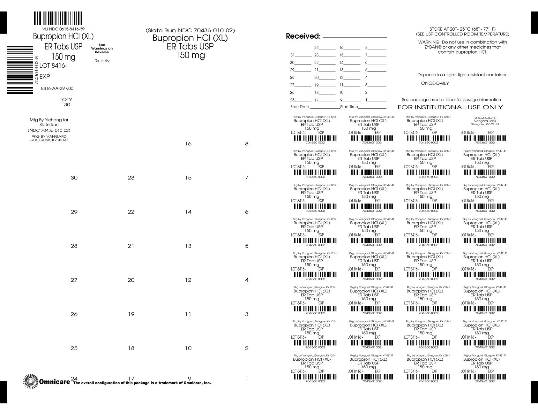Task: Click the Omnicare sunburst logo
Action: tap(31, 381)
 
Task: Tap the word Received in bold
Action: tap(303, 36)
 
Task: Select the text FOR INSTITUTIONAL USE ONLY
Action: tap(450, 107)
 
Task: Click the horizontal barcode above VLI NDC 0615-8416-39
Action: tap(58, 19)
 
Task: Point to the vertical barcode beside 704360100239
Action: tap(20, 70)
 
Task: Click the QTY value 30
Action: tap(67, 104)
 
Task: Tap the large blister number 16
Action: tap(188, 144)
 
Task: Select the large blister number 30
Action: tap(74, 178)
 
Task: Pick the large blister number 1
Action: tap(247, 379)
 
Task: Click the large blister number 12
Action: tap(188, 280)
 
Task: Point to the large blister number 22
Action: tap(131, 212)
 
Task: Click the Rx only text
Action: tap(102, 61)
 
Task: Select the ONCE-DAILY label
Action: tap(435, 83)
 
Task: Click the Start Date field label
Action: tap(300, 107)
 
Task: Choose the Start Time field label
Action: tap(349, 107)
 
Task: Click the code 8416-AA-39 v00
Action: tap(57, 88)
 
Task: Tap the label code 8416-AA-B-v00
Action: tap(485, 118)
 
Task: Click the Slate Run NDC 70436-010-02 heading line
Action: tap(190, 31)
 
